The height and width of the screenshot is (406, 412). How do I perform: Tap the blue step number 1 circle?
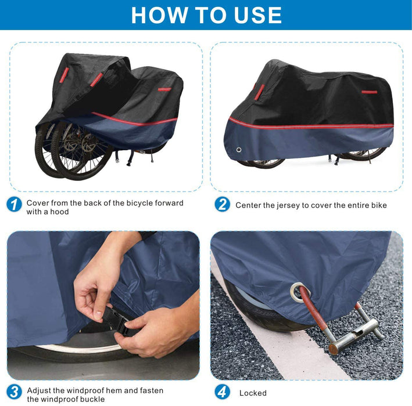(14, 205)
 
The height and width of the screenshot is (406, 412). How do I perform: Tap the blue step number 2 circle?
(223, 205)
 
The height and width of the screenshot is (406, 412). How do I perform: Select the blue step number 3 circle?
(14, 392)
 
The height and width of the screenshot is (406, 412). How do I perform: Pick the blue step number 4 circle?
(223, 392)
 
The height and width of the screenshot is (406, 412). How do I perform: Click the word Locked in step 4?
(253, 393)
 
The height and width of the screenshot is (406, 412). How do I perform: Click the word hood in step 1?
(59, 212)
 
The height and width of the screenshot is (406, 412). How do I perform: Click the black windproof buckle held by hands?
(120, 321)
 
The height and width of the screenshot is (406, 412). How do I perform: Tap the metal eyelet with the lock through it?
(300, 292)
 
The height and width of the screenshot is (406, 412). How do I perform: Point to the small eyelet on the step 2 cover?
(239, 150)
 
